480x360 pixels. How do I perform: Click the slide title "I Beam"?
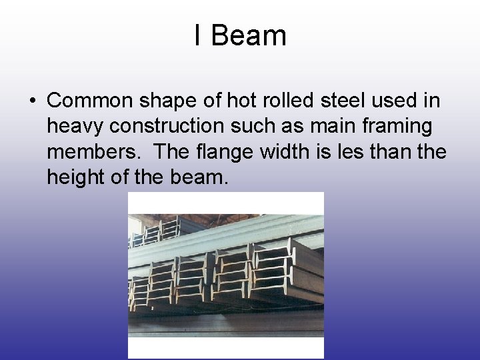[240, 35]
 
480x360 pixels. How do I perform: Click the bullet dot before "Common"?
[32, 102]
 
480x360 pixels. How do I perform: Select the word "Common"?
[89, 101]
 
